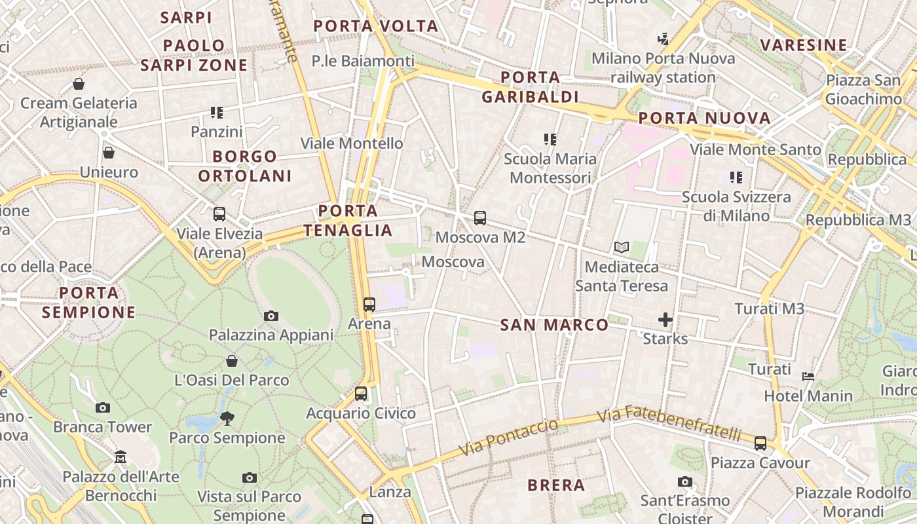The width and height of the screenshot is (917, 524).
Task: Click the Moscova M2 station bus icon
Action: click(480, 218)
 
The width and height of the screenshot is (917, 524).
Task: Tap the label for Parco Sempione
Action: click(227, 438)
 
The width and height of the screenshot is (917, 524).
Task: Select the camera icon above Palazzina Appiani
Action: click(271, 316)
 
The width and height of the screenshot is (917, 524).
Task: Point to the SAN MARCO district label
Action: click(555, 325)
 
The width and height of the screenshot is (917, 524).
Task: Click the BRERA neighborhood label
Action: click(556, 485)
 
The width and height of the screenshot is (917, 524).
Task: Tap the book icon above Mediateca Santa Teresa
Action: click(622, 248)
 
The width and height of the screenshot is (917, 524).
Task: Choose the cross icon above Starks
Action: click(665, 320)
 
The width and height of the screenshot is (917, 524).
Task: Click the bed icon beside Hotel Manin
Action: click(808, 376)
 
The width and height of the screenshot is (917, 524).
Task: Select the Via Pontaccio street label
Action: click(508, 438)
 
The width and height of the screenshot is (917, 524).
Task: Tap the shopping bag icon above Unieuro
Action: click(109, 153)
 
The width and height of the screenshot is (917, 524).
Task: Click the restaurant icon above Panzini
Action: click(217, 113)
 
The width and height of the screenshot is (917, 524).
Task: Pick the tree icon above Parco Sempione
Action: click(227, 417)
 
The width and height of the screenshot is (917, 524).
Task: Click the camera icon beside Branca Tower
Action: click(102, 407)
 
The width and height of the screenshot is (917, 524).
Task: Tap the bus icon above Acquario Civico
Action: click(361, 394)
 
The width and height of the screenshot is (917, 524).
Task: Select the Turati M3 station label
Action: click(769, 309)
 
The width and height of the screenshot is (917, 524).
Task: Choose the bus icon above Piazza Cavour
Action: click(760, 443)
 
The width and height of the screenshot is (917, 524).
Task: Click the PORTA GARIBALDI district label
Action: click(531, 87)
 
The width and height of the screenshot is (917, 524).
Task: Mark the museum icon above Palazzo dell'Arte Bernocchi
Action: click(121, 457)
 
